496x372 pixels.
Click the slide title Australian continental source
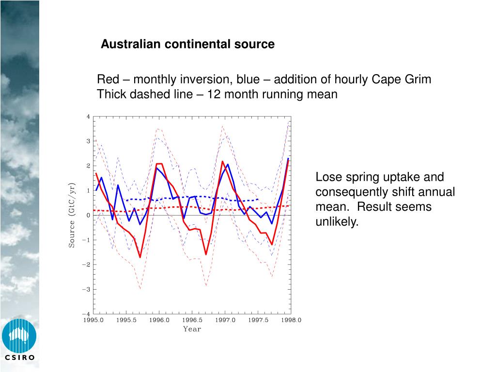pos(187,45)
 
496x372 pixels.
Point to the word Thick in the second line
pos(111,94)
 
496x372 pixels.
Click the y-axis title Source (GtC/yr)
pos(72,215)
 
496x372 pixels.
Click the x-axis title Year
pos(192,329)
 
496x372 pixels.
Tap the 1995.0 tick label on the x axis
pos(93,320)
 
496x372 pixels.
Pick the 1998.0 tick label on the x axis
pos(291,320)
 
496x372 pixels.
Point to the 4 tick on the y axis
pos(88,116)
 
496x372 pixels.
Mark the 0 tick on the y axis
pos(88,215)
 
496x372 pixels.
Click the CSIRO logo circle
pos(19,336)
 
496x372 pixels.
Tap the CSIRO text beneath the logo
pos(19,358)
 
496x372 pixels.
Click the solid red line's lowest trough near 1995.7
pos(140,257)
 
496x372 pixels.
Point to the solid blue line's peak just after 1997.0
pos(228,164)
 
